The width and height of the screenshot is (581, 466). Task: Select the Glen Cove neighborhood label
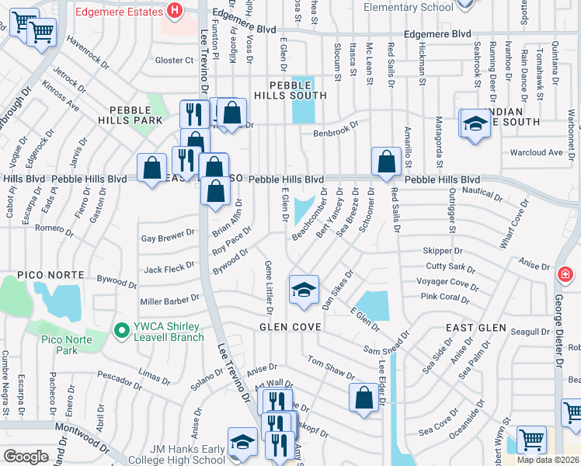pos(290,328)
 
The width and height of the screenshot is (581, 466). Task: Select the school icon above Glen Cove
pos(304,290)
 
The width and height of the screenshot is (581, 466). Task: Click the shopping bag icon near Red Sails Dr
pos(386,162)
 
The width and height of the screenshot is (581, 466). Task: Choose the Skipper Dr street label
pos(443,251)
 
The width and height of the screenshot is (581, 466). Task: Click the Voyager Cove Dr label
pos(448,282)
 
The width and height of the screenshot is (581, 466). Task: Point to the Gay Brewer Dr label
pos(167,235)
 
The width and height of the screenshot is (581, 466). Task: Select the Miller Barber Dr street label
pos(170,301)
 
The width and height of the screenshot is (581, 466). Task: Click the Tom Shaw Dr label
pos(331,365)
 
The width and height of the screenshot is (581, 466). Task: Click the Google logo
pos(26,456)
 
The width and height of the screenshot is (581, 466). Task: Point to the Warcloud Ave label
pos(536,152)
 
